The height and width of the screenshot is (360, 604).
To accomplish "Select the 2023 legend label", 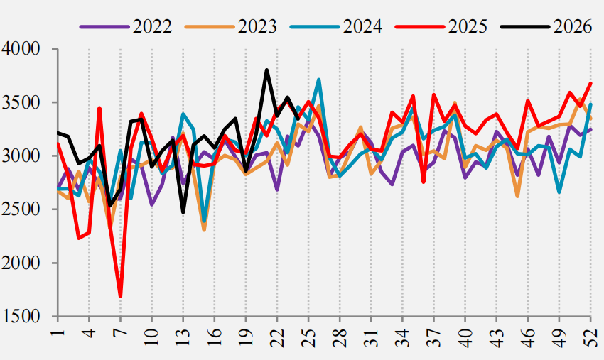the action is [257, 26].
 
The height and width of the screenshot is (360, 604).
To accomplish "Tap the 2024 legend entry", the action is [363, 26].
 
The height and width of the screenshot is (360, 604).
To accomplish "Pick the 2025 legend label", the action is [468, 26].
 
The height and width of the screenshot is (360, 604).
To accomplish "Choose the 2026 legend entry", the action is [573, 26].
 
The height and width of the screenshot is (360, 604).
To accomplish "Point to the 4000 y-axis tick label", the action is [21, 49].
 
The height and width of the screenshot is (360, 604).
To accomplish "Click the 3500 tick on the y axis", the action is [21, 102].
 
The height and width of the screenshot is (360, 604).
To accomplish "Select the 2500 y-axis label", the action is [21, 209].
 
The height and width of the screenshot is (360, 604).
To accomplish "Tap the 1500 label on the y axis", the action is [21, 317].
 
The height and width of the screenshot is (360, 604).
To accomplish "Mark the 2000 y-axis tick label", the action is [21, 263].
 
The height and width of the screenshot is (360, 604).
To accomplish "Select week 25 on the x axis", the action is [308, 338].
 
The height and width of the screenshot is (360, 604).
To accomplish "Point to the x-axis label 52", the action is [591, 338].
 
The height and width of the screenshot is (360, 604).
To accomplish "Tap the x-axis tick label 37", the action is [434, 338].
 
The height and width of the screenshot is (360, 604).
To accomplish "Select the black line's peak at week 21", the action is [266, 70].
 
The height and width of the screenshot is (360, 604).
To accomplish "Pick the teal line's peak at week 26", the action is [319, 80].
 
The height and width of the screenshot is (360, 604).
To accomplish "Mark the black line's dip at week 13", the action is [183, 212].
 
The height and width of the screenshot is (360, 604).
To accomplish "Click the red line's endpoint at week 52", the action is [591, 83].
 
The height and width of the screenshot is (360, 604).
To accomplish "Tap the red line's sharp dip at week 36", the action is [424, 182].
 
